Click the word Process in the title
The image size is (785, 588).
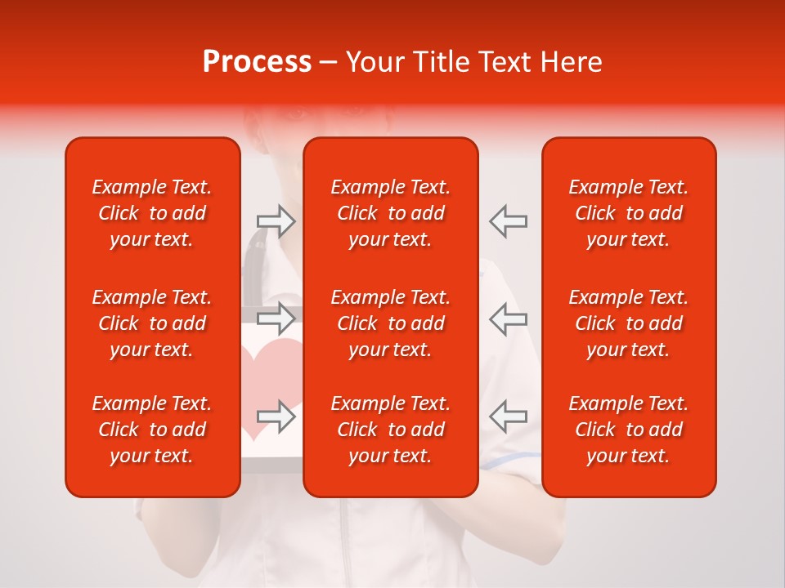tap(257, 62)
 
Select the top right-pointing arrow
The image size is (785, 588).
tap(276, 220)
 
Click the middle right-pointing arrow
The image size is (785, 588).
tap(276, 318)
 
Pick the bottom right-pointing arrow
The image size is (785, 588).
tap(276, 416)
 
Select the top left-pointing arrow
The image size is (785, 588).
tap(509, 220)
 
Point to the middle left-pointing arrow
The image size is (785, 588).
tap(509, 318)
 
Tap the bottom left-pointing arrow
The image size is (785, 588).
tap(509, 416)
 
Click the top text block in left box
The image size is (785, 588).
tap(152, 213)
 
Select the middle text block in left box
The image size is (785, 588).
tap(152, 323)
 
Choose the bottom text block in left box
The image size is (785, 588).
tap(152, 430)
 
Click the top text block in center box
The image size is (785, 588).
tap(391, 213)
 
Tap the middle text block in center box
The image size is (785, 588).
tap(391, 323)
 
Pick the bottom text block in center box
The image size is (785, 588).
tap(391, 430)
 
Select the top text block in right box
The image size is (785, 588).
tap(629, 213)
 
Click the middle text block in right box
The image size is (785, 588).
tap(629, 323)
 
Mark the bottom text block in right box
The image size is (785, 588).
tap(629, 430)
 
